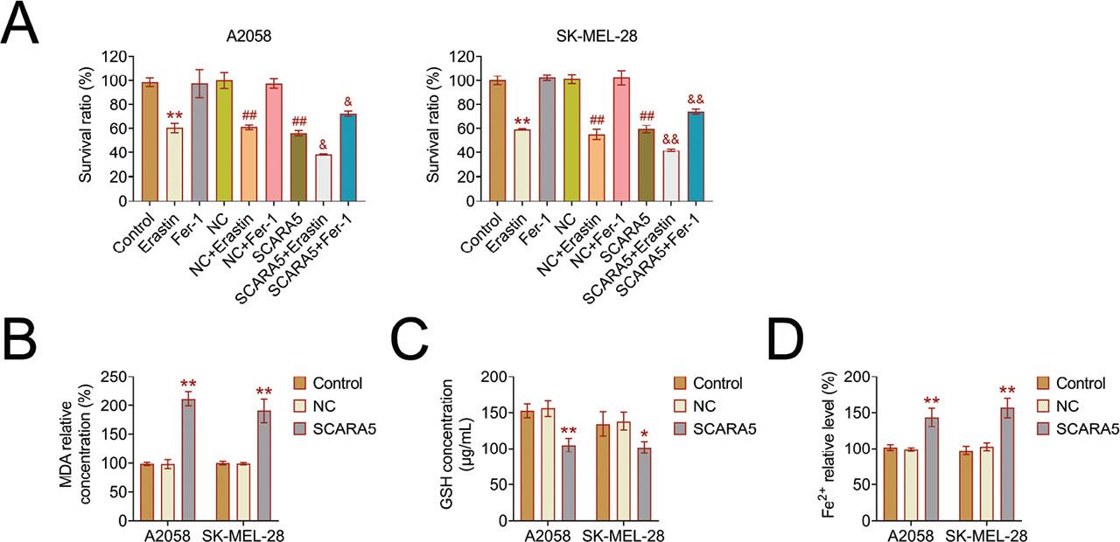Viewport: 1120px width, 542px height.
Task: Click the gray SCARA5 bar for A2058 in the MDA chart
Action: click(188, 460)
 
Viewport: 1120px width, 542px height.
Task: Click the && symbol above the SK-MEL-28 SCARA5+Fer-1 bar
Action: click(696, 100)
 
